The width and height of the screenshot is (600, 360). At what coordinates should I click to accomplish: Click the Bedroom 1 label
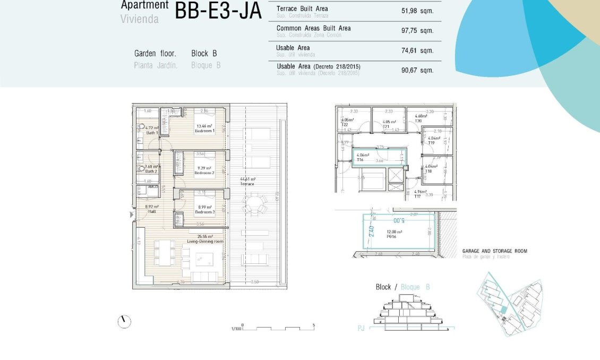pyautogui.click(x=204, y=131)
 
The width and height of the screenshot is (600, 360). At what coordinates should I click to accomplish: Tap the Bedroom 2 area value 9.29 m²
pyautogui.click(x=204, y=168)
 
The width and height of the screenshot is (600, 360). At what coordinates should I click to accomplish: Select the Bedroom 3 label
pyautogui.click(x=204, y=212)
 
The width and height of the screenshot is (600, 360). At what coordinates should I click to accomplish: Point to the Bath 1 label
pyautogui.click(x=151, y=133)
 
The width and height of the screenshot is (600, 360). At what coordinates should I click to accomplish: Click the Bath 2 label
pyautogui.click(x=151, y=171)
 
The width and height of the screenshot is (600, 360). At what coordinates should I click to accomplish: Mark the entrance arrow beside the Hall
pyautogui.click(x=132, y=215)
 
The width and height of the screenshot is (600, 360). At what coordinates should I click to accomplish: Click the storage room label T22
pyautogui.click(x=344, y=124)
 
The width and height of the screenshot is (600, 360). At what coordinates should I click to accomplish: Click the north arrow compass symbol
pyautogui.click(x=124, y=321)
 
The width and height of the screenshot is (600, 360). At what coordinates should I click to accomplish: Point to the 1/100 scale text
pyautogui.click(x=236, y=329)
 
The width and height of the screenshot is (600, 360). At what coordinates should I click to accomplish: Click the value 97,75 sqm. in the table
pyautogui.click(x=417, y=31)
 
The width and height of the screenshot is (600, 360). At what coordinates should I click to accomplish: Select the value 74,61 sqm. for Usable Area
pyautogui.click(x=417, y=50)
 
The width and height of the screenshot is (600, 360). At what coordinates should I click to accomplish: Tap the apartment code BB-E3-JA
pyautogui.click(x=218, y=11)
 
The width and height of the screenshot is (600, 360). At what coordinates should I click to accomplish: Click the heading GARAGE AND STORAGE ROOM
pyautogui.click(x=494, y=251)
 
